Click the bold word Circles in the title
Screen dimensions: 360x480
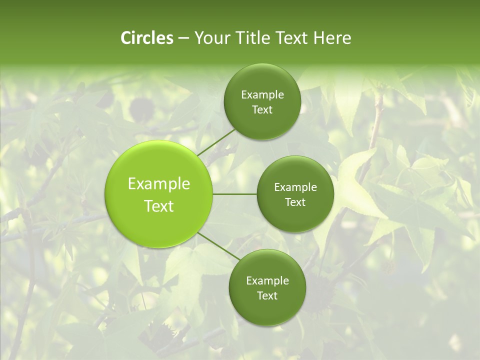click(x=146, y=38)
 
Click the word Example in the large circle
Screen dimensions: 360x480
click(x=159, y=184)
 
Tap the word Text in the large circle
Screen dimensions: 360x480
click(x=159, y=206)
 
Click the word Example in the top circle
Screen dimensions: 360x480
click(x=262, y=95)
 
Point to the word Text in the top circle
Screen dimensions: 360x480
click(x=262, y=110)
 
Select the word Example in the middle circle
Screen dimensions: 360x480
click(x=295, y=187)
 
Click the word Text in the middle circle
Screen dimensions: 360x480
click(x=295, y=202)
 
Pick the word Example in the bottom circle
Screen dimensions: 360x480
click(x=267, y=281)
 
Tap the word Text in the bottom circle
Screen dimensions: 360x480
click(x=267, y=296)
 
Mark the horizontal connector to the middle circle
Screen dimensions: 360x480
click(x=235, y=194)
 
